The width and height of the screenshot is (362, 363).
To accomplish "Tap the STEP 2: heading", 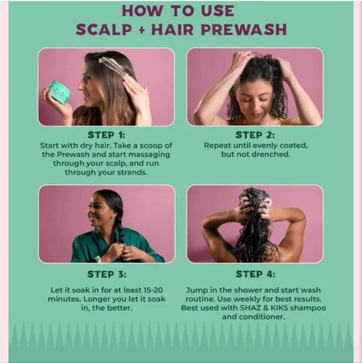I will pyautogui.click(x=255, y=135).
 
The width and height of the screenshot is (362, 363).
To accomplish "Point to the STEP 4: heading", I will pyautogui.click(x=255, y=274).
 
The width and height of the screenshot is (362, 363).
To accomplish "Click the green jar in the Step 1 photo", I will pyautogui.click(x=60, y=92).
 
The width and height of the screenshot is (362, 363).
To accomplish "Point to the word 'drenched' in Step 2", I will pyautogui.click(x=271, y=154).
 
